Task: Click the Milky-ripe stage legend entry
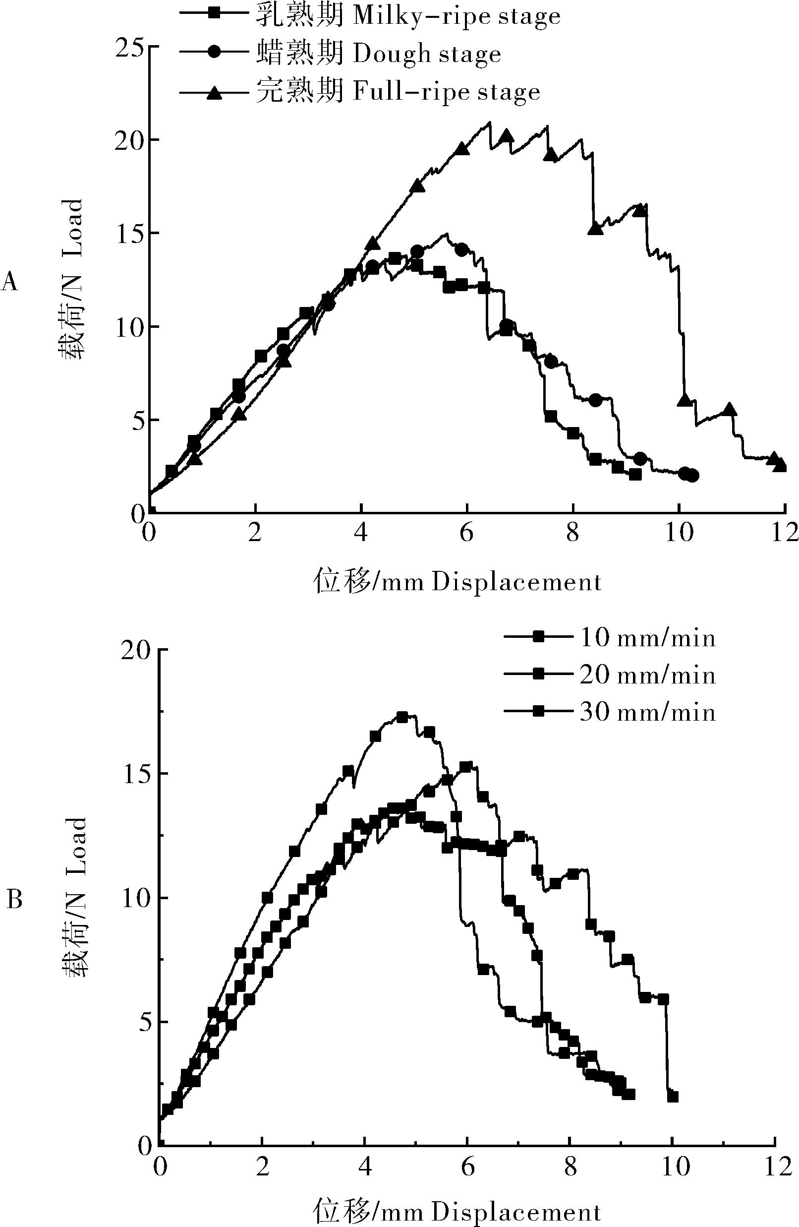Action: click(369, 16)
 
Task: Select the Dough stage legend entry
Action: click(340, 54)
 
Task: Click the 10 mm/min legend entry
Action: click(610, 639)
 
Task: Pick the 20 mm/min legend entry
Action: click(610, 675)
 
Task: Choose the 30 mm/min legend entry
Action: click(610, 713)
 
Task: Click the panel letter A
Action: click(10, 282)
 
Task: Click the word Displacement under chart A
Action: click(516, 583)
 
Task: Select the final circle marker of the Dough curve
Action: click(693, 475)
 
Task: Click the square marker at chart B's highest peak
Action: click(402, 717)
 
